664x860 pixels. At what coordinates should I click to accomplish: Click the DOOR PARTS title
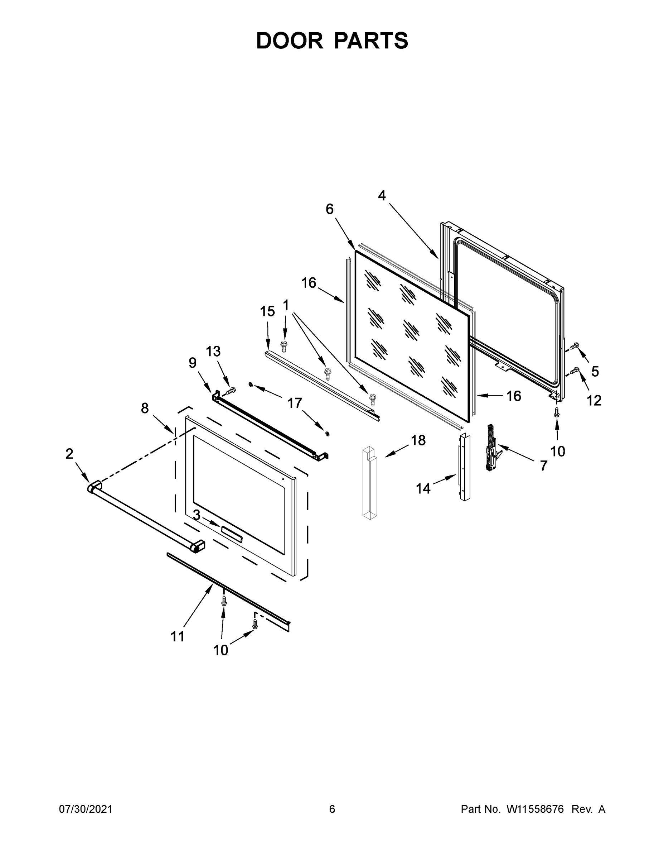click(x=332, y=40)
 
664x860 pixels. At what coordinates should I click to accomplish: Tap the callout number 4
click(x=382, y=195)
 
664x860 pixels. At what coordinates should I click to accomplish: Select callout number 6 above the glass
click(x=330, y=209)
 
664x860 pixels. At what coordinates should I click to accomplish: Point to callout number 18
click(x=418, y=440)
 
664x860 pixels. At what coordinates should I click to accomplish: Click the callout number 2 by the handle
click(x=69, y=454)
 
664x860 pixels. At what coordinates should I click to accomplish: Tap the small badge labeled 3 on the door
click(x=231, y=531)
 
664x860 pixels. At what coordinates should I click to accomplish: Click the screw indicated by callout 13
click(x=231, y=390)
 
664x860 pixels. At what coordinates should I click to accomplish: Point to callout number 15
click(x=267, y=311)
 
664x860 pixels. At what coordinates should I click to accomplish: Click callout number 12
click(x=594, y=401)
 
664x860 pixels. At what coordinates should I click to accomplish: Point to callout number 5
click(x=595, y=371)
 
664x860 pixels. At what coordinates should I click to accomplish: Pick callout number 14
click(x=423, y=489)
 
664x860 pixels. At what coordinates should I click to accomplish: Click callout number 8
click(x=145, y=408)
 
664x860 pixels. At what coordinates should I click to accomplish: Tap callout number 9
click(x=192, y=363)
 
